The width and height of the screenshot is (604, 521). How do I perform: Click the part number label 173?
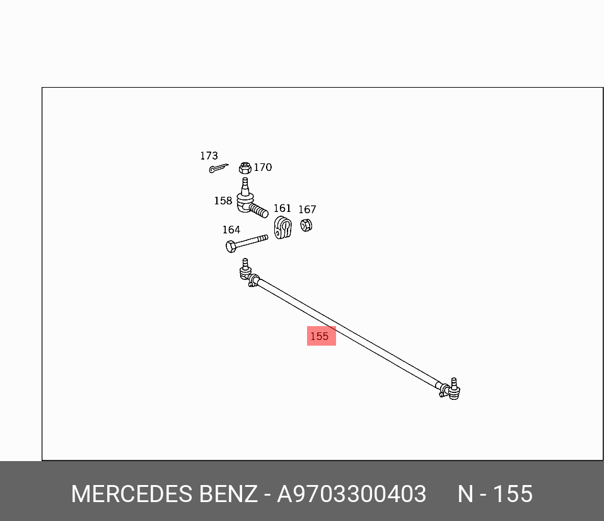209,156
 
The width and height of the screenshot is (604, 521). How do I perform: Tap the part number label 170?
262,167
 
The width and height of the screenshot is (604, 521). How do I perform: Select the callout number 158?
223,201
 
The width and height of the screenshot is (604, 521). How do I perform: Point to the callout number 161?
282,208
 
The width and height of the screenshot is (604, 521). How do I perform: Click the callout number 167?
307,209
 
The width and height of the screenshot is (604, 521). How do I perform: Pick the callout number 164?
231,230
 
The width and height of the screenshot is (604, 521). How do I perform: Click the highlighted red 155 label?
321,336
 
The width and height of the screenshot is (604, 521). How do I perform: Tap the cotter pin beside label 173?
218,168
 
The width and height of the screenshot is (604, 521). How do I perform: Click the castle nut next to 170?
245,168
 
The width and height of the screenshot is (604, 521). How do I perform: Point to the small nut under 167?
306,225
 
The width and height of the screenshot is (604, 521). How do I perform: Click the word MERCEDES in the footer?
131,494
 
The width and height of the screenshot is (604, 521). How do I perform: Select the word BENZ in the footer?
228,494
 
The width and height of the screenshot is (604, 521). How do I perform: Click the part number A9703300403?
352,494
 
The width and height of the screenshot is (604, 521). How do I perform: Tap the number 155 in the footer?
513,494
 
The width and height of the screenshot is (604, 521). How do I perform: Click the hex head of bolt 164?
231,246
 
